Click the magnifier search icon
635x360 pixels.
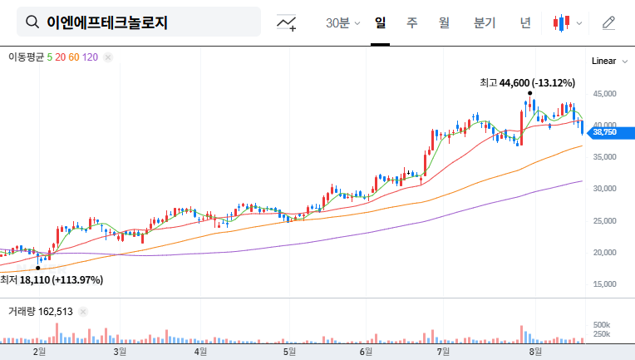[32, 22]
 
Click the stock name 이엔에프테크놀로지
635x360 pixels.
[107, 22]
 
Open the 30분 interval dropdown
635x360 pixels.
[342, 22]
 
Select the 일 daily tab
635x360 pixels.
[381, 22]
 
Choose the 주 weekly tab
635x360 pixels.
[411, 22]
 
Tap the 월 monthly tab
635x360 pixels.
[444, 22]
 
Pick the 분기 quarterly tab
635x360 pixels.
[484, 22]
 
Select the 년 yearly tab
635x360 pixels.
[525, 22]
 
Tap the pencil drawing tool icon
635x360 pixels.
[608, 22]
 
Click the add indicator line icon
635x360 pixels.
[287, 22]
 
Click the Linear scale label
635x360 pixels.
[603, 62]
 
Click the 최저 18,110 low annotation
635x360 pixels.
[52, 280]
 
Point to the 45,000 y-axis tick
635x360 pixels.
[604, 95]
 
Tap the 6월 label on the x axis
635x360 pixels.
[366, 352]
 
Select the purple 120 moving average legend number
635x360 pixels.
[91, 57]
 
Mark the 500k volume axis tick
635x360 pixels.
[602, 324]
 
